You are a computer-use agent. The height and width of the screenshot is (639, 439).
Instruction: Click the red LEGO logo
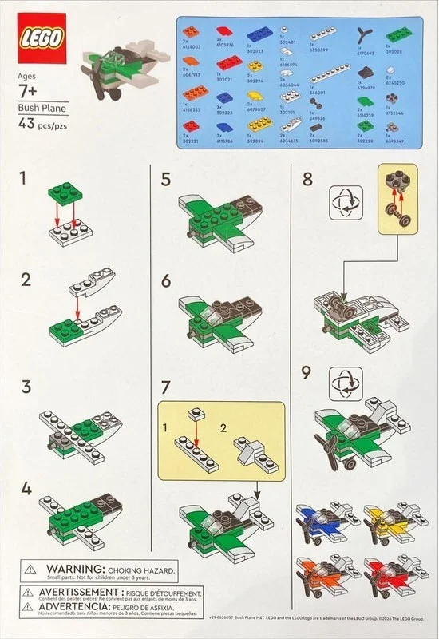42,39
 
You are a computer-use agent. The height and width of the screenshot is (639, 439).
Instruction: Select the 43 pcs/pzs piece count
45,124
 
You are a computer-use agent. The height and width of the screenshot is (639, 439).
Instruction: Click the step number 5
166,179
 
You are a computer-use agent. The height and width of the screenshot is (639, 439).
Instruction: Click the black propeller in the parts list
365,37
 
